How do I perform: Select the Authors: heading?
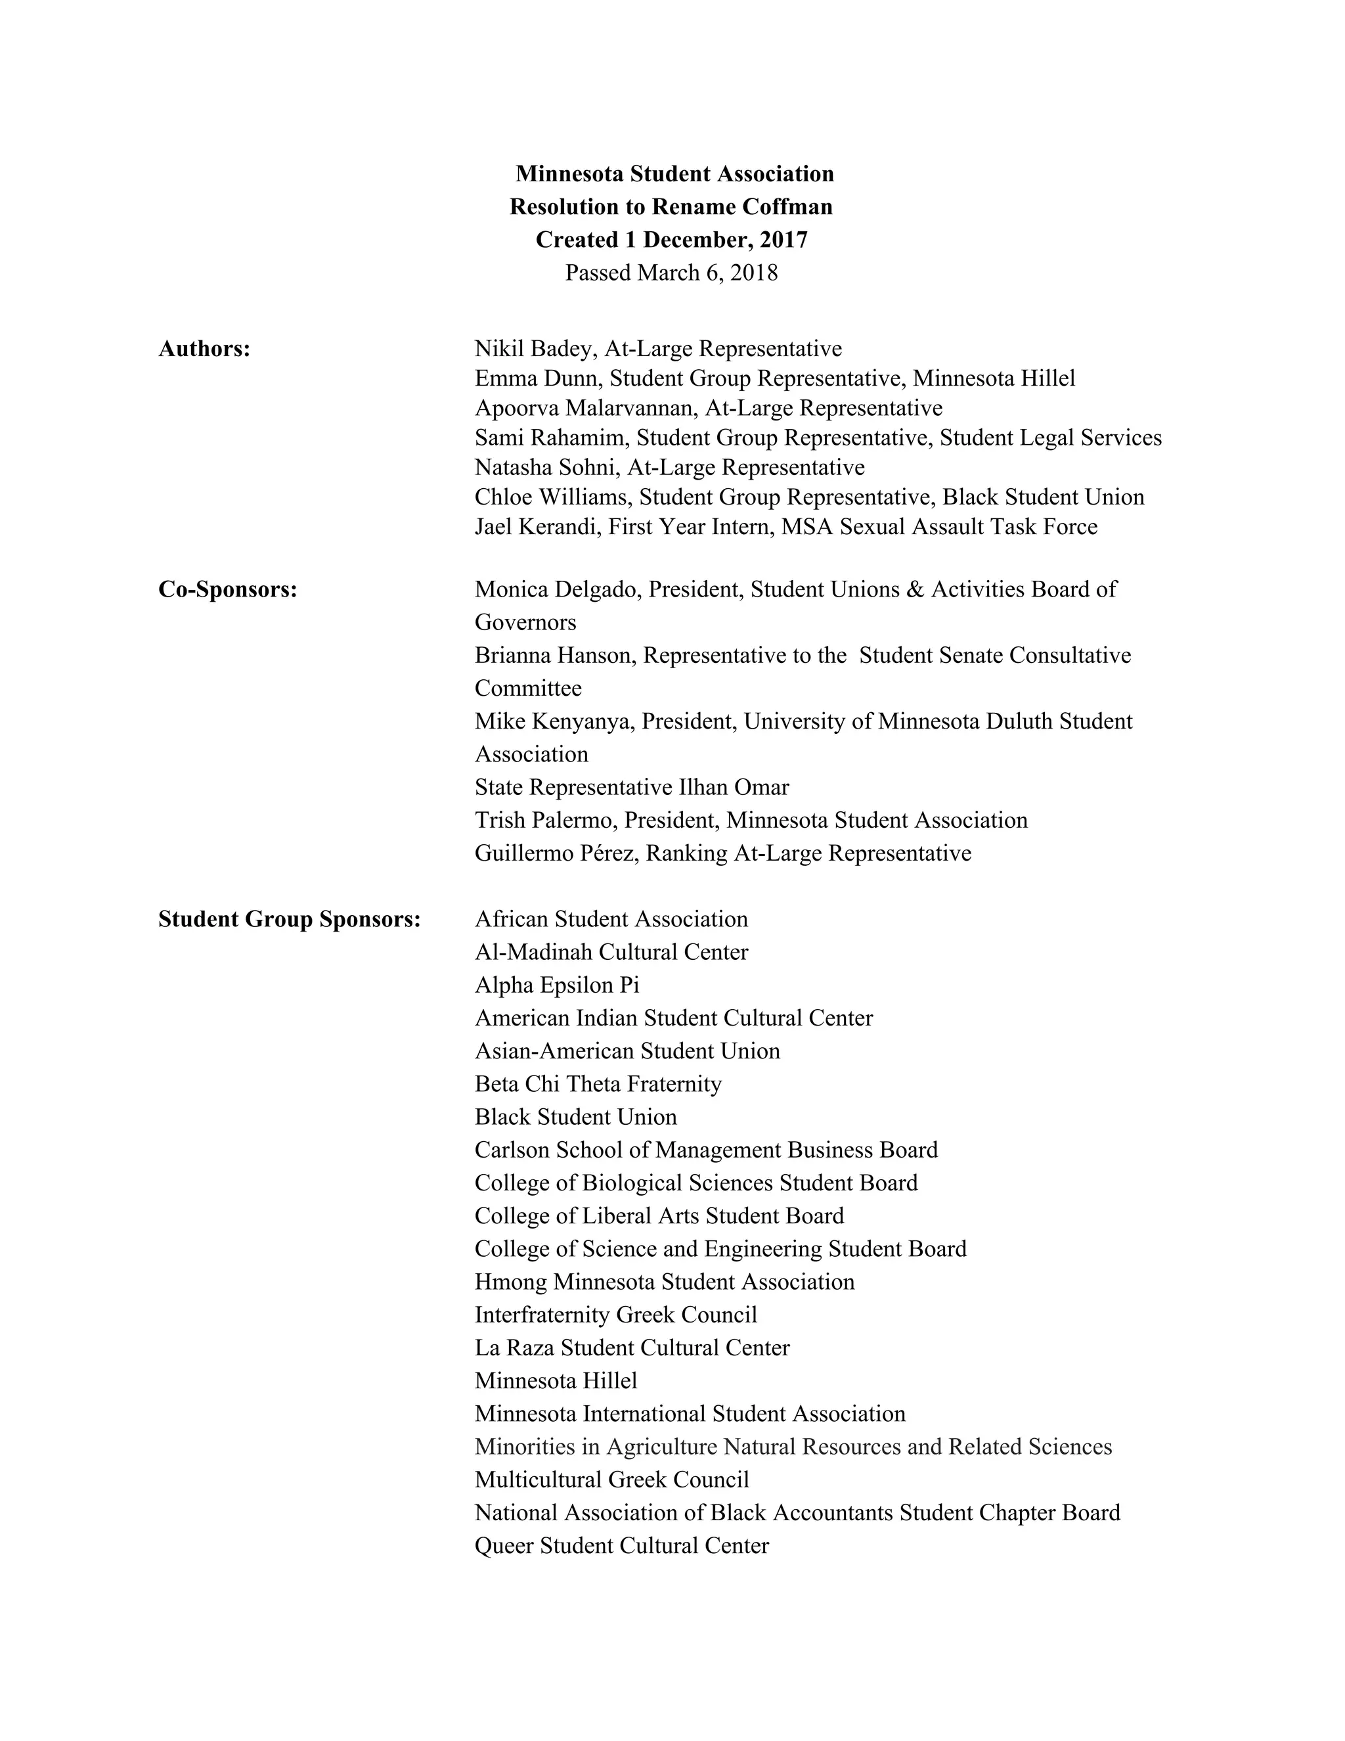point(204,348)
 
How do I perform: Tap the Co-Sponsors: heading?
point(228,589)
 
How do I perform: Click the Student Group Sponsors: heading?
point(289,919)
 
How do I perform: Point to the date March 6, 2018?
point(707,273)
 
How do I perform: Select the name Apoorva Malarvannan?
point(587,407)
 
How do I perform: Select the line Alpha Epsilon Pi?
point(557,985)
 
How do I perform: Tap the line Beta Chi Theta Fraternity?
point(598,1084)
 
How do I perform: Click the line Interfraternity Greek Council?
point(615,1315)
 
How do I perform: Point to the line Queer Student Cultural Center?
point(621,1546)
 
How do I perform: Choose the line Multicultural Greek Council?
point(612,1480)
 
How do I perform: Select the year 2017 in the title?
point(783,239)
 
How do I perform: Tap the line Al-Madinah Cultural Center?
point(611,952)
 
